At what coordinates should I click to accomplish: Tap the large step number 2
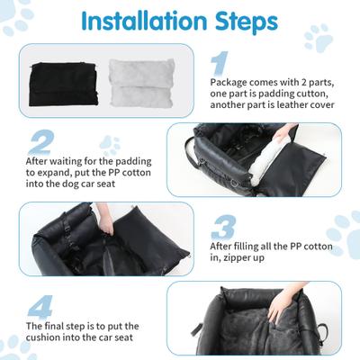tap(40, 141)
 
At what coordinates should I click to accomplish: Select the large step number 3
tap(223, 226)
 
